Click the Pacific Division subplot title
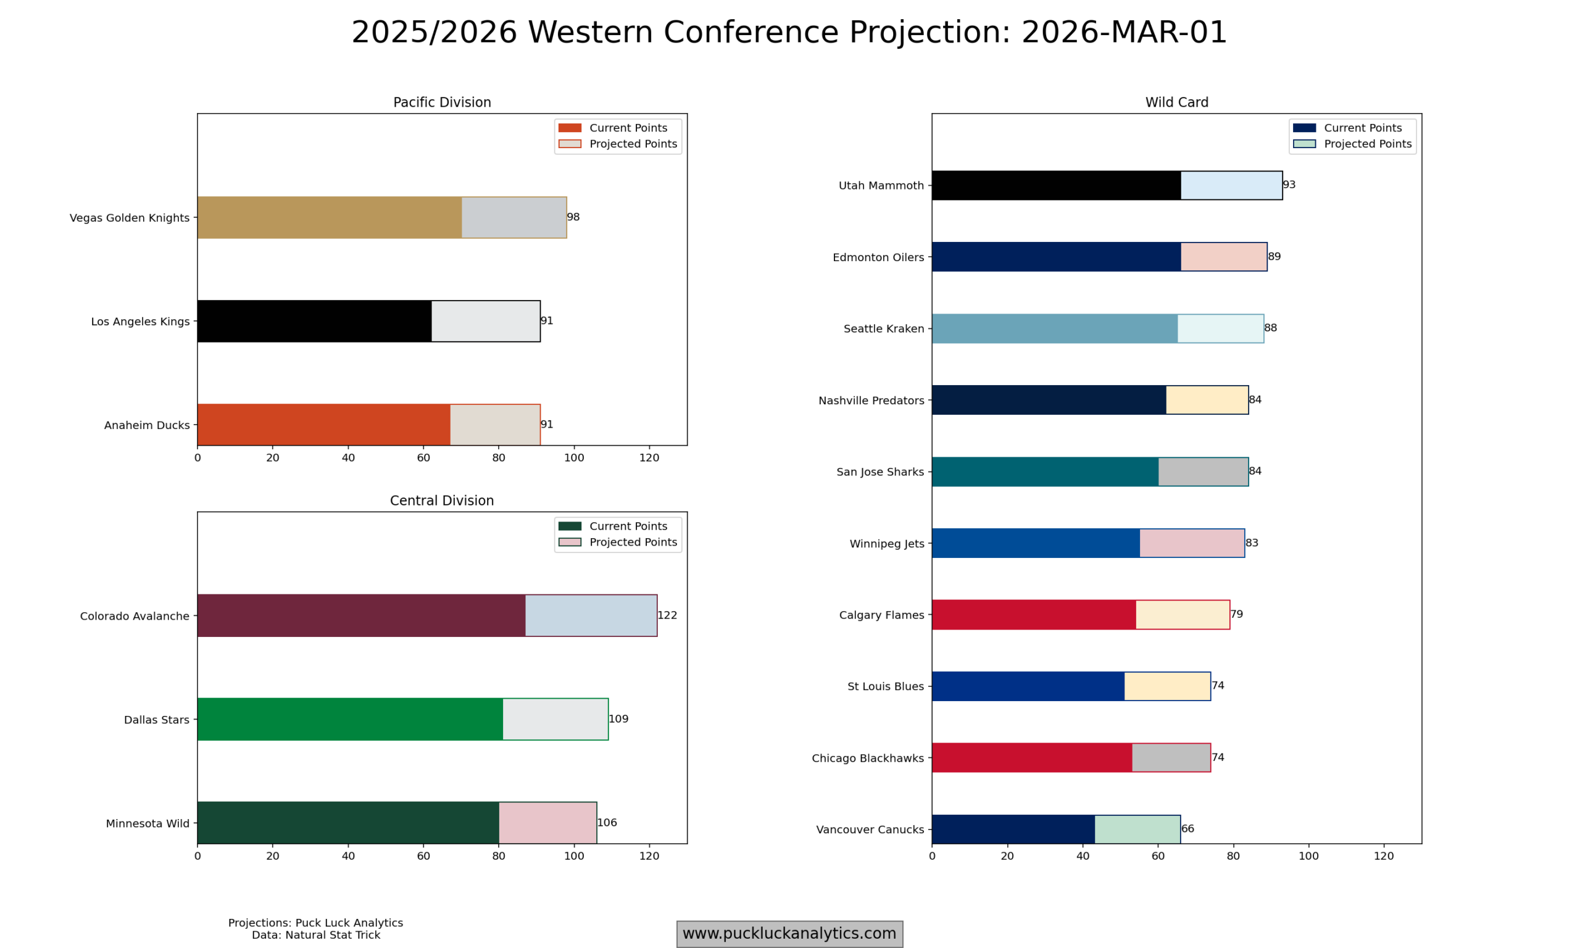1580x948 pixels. click(442, 102)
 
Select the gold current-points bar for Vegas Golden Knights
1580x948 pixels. click(329, 217)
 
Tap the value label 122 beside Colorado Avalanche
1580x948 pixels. click(667, 615)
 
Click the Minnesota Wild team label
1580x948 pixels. click(148, 823)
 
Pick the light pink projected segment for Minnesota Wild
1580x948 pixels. click(547, 823)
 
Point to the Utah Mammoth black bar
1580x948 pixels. click(1055, 185)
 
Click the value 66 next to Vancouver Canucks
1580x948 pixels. click(1187, 828)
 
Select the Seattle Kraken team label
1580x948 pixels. click(883, 329)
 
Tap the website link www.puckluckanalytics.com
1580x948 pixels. click(789, 933)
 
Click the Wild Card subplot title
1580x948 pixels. click(1176, 102)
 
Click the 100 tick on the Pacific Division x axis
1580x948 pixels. click(573, 458)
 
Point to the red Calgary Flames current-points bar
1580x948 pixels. click(1033, 615)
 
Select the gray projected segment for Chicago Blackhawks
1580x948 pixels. click(1171, 758)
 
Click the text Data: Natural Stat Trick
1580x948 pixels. click(315, 935)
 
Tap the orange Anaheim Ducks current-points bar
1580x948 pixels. click(323, 425)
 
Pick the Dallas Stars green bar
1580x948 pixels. click(349, 719)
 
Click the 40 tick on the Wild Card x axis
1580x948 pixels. click(1083, 856)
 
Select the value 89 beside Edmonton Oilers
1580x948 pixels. click(1274, 256)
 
